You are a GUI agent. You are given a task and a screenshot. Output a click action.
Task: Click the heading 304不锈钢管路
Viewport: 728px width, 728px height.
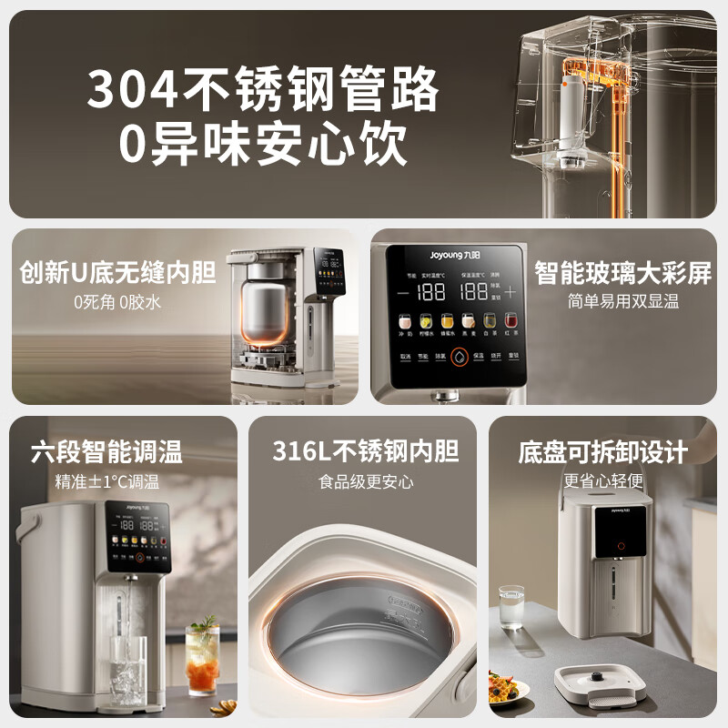click(264, 90)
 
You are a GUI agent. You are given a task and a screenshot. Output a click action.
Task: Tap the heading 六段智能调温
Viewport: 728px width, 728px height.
click(106, 451)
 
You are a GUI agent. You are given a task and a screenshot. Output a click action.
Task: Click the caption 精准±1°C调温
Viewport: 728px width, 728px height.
click(106, 481)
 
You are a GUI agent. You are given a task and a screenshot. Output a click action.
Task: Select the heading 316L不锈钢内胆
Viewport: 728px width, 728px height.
click(365, 450)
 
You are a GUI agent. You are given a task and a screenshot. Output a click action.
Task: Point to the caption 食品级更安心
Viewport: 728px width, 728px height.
click(365, 481)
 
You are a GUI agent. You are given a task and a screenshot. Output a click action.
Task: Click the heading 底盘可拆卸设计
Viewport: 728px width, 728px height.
click(602, 451)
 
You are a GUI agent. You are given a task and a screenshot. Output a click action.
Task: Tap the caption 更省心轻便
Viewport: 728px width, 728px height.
click(602, 480)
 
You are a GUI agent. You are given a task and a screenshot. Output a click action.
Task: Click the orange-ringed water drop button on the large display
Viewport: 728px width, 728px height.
click(458, 358)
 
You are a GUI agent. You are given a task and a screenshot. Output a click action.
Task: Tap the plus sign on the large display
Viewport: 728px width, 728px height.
click(510, 292)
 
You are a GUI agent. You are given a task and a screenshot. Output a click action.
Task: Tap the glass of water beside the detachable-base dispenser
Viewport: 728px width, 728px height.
click(511, 607)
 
